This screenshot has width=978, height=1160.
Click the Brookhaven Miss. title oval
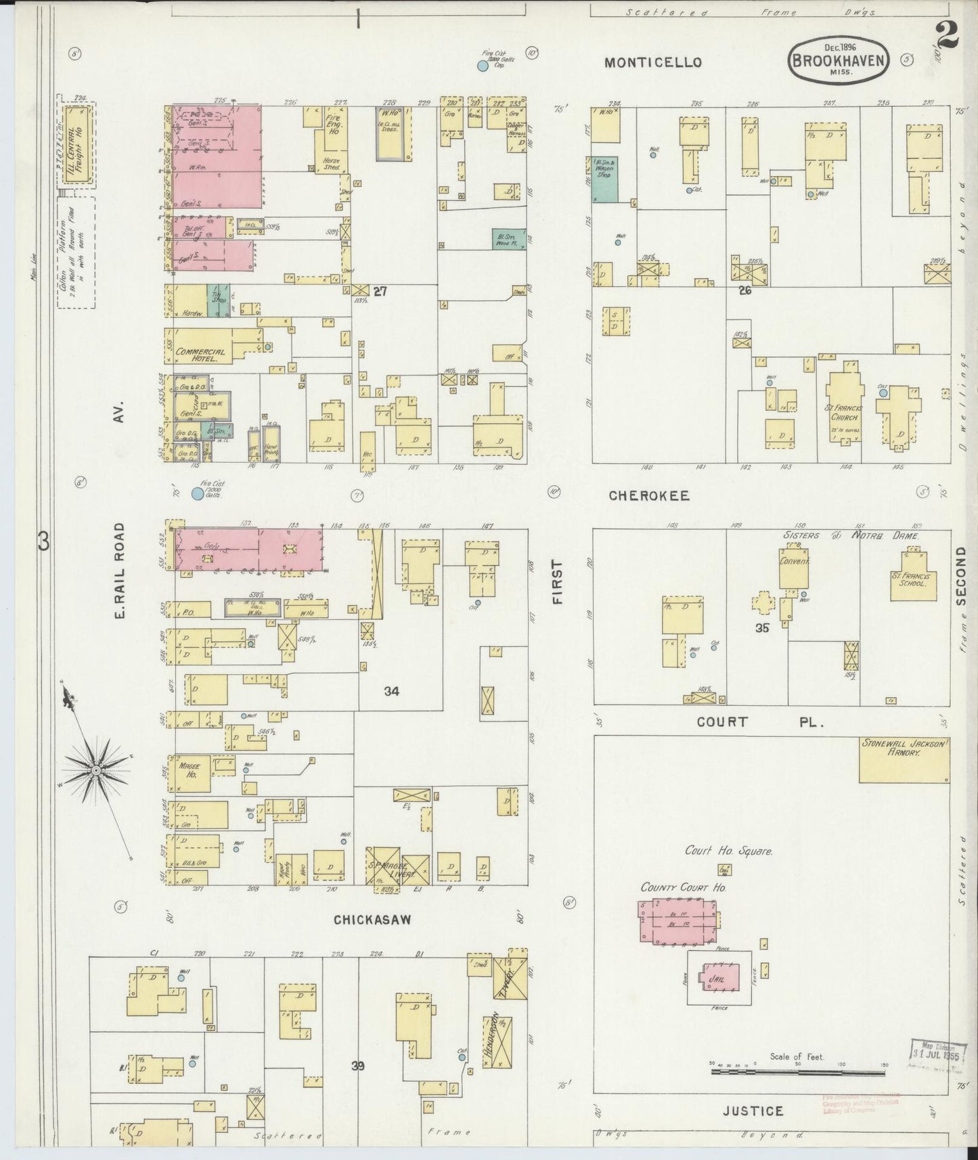[839, 61]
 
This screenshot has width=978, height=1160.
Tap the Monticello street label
[652, 62]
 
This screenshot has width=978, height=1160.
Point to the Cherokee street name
[648, 495]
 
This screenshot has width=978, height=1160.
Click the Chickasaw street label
[372, 919]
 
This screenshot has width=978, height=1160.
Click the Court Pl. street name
[759, 722]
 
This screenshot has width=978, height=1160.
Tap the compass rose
[96, 769]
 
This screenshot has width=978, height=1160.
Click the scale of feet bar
[798, 1072]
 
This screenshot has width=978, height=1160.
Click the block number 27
[380, 291]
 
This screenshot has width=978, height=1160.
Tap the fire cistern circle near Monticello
[483, 66]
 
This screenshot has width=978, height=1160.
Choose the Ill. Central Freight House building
[80, 146]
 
